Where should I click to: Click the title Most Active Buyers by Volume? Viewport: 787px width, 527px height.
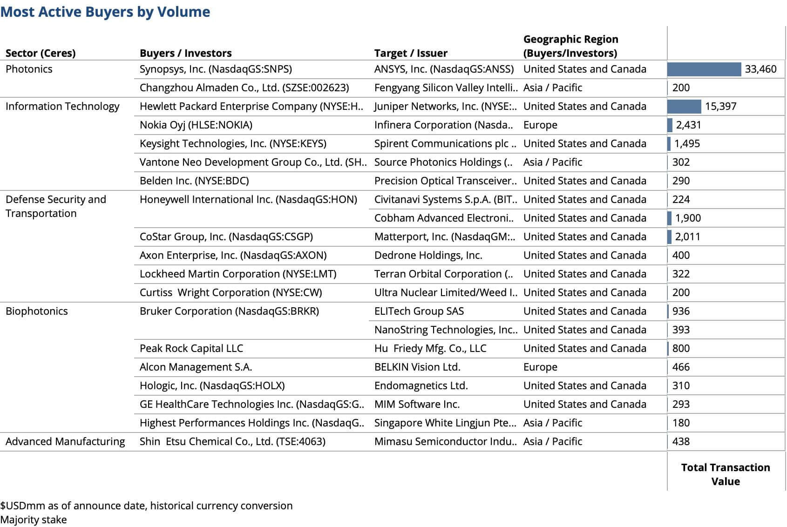[x=105, y=12]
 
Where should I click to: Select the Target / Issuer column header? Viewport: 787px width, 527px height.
[x=411, y=53]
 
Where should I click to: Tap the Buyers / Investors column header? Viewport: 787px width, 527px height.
[x=185, y=53]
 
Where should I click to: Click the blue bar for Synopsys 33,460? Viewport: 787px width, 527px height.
[x=704, y=69]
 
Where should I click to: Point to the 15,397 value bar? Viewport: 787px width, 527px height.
[x=684, y=107]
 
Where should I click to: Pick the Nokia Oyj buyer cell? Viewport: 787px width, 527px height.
[x=196, y=125]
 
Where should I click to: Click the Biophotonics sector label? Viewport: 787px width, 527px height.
[x=37, y=311]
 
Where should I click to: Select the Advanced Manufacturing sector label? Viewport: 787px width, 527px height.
[x=65, y=442]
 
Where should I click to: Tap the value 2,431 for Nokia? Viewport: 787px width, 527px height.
[x=688, y=125]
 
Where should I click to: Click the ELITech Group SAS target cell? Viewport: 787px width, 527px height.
[x=419, y=311]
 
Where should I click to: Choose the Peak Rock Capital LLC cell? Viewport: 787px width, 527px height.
[x=191, y=349]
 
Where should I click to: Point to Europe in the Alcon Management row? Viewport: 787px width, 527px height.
[x=540, y=367]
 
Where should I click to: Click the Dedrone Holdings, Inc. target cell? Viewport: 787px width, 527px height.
[x=428, y=256]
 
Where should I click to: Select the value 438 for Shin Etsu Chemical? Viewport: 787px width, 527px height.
[x=681, y=442]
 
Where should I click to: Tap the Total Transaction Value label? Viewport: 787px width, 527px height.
[x=726, y=474]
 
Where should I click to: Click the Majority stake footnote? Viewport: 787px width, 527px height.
[x=34, y=520]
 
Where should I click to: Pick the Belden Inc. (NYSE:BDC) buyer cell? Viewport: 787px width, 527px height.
[x=194, y=181]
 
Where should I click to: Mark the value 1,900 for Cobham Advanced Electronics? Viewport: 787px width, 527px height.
[x=688, y=218]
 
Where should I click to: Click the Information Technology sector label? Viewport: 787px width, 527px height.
[x=62, y=107]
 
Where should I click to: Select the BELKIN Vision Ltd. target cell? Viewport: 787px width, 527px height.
[x=417, y=367]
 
